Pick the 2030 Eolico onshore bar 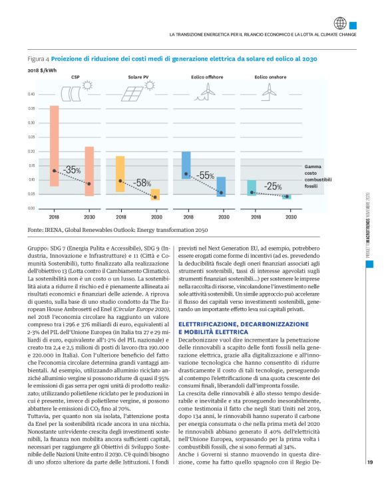(x=287, y=197)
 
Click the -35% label (x=72, y=171)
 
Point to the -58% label (x=140, y=182)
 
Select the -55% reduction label (x=205, y=175)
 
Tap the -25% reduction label (x=272, y=187)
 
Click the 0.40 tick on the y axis (x=31, y=94)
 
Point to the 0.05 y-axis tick (x=31, y=194)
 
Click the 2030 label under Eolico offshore (x=221, y=217)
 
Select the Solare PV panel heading (x=138, y=77)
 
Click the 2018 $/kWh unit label (x=41, y=69)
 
